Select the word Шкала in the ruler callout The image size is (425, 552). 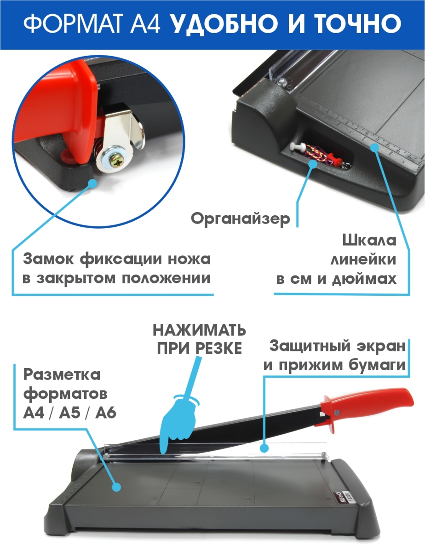click(x=369, y=240)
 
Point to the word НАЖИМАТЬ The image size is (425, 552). click(x=199, y=330)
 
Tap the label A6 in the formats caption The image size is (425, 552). click(x=106, y=413)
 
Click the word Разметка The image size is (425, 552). click(x=62, y=375)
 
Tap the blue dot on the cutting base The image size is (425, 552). click(x=116, y=487)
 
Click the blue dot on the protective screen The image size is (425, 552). click(x=264, y=448)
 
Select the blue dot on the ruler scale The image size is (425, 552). click(x=374, y=147)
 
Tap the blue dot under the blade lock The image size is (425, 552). click(x=92, y=183)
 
